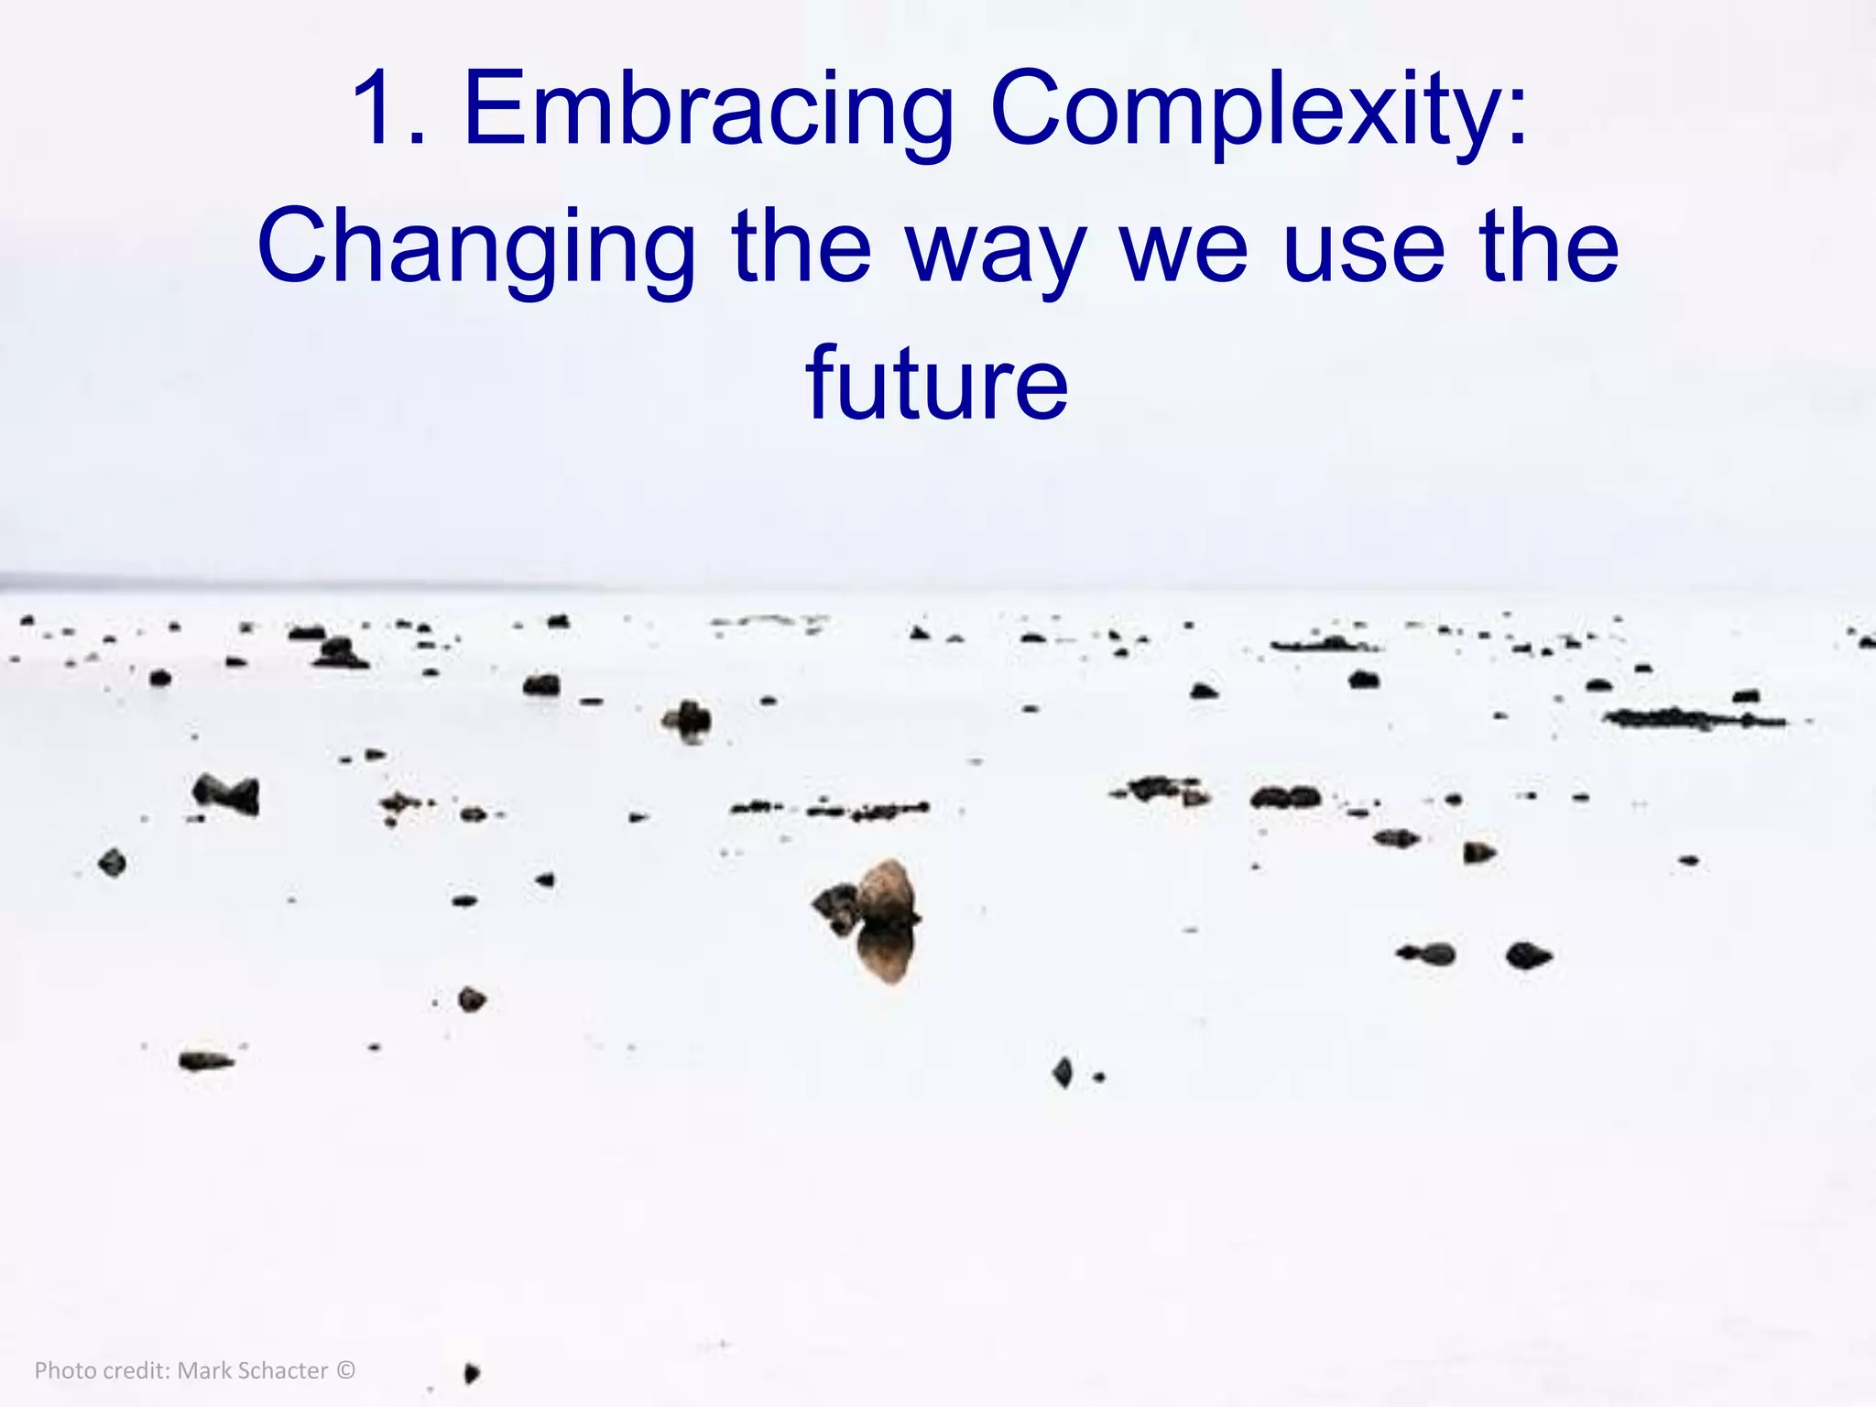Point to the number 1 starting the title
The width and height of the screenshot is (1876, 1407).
381,110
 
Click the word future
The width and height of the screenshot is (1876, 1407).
937,384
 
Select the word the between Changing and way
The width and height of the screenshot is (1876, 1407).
802,247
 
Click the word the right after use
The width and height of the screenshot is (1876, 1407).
1549,247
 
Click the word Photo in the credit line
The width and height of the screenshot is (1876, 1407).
65,1370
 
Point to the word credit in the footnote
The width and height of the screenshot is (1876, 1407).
136,1370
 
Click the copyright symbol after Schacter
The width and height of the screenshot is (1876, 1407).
345,1370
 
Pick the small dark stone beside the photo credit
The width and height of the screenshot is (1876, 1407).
472,1372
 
